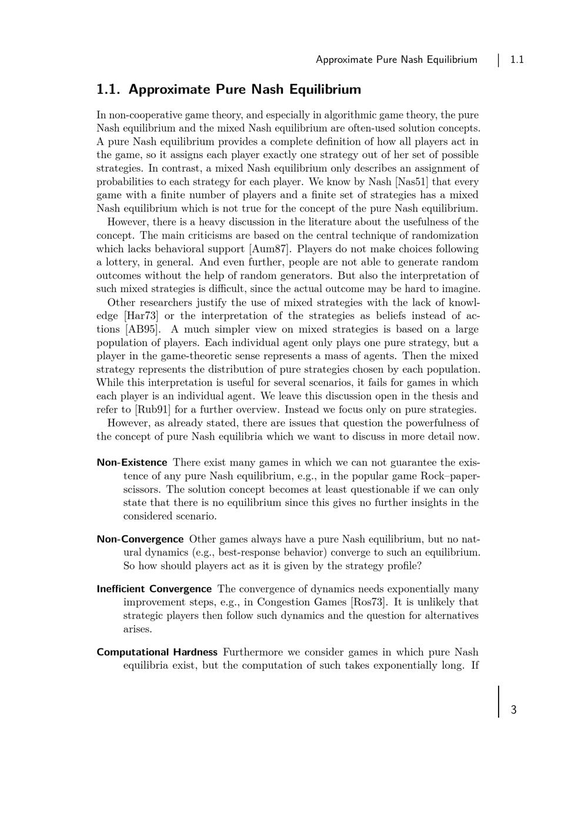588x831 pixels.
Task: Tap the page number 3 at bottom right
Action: pos(513,710)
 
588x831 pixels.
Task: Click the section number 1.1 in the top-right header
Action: pos(517,59)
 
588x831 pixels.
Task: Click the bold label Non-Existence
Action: pos(132,463)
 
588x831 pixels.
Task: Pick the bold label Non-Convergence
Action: pos(140,539)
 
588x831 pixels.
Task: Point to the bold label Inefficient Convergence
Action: pos(154,589)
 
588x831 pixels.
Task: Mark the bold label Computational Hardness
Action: pos(157,652)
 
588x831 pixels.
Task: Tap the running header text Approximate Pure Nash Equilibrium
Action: pos(396,59)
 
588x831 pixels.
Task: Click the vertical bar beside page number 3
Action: pos(499,701)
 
